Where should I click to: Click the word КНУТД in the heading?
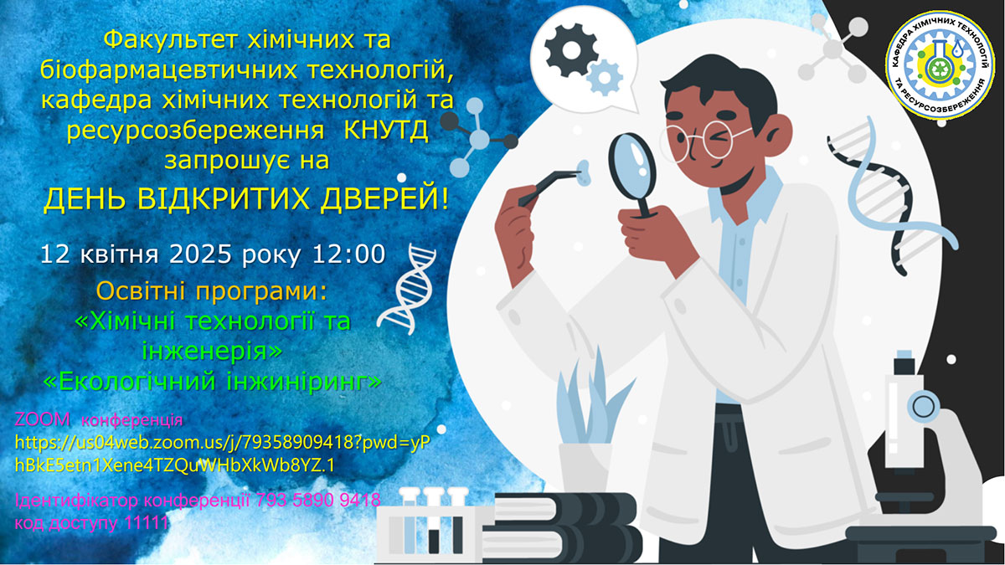[x=386, y=131]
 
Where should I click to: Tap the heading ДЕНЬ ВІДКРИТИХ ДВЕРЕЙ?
[x=246, y=198]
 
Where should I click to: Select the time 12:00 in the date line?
[x=348, y=254]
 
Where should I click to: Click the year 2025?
[x=200, y=254]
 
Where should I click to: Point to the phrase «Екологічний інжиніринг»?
[x=213, y=381]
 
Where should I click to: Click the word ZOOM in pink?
[x=43, y=420]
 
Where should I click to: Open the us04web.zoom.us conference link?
[x=223, y=454]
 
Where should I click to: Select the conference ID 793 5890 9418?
[x=318, y=500]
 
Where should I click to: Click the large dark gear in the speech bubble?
[x=571, y=50]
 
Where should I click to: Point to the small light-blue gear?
[x=605, y=78]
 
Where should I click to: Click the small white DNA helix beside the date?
[x=406, y=289]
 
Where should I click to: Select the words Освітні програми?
[x=212, y=291]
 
